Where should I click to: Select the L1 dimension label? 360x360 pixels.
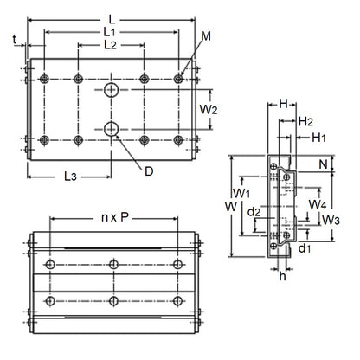click(111, 31)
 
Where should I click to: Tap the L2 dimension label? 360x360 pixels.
click(111, 44)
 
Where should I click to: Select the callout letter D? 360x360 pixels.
click(149, 170)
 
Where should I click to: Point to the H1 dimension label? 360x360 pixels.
click(318, 138)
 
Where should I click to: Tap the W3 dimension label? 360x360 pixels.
click(329, 219)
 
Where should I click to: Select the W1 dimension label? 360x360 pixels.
click(245, 192)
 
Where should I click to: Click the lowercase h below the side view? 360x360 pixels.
click(282, 276)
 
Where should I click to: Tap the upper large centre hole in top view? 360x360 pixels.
click(111, 91)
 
